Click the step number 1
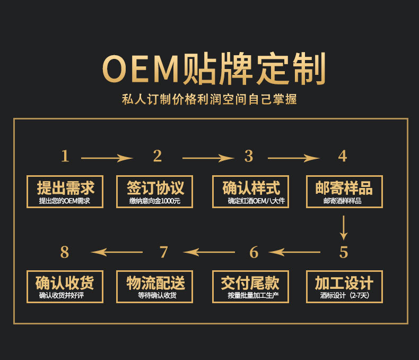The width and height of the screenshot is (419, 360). coord(65,156)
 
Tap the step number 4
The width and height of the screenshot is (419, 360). coord(343,156)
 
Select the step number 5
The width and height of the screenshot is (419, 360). coord(344,252)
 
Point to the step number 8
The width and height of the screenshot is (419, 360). coord(65,252)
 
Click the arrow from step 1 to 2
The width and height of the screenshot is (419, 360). coord(106,158)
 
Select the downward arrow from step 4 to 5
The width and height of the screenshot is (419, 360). coord(344,227)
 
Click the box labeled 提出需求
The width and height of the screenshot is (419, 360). coord(65,192)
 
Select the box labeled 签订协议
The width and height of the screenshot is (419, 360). coord(154,192)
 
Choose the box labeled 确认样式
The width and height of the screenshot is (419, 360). coord(250,192)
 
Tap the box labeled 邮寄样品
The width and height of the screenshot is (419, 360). coord(344,192)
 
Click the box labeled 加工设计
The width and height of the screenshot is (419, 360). coord(344,287)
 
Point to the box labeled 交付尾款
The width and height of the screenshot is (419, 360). coord(250,287)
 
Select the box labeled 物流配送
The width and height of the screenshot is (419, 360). coord(154,287)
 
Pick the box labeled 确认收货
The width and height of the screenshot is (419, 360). coord(65,287)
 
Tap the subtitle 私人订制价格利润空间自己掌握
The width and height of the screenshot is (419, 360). coord(210,99)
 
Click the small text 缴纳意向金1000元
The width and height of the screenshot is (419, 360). coord(155,201)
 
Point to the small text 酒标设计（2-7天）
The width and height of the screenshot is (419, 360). coord(344,296)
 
